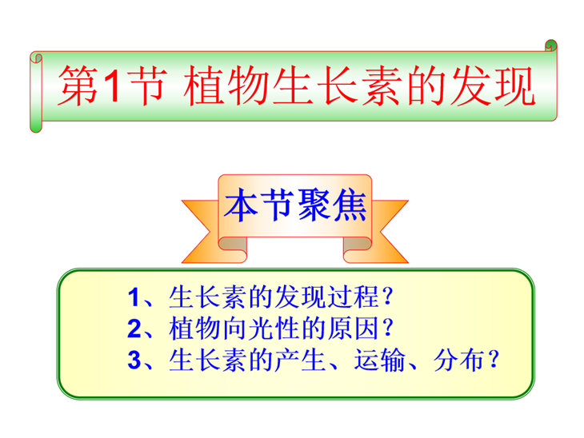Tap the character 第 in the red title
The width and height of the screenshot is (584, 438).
pos(78,86)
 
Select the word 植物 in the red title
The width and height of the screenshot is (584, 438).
pos(227,86)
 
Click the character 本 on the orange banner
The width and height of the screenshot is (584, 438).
pos(241,205)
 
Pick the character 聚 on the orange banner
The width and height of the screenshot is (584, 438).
pos(314,205)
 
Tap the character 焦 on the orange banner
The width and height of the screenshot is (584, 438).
pos(350,205)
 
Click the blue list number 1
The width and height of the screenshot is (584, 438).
pos(134,297)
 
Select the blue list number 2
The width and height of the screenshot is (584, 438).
pos(134,328)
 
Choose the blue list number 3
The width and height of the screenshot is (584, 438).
pos(134,360)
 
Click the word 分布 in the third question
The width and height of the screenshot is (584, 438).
pos(459,360)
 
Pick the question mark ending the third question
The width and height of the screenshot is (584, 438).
pos(494,360)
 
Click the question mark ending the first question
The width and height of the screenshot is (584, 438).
pos(388,297)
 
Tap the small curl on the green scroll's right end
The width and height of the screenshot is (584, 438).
pos(551,46)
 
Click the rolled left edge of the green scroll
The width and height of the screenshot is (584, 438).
pos(36,92)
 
